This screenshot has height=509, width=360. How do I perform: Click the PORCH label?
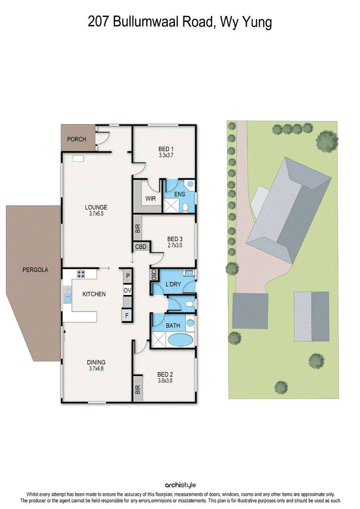(77, 139)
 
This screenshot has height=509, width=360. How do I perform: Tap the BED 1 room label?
(166, 149)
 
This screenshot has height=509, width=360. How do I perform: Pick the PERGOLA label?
(35, 270)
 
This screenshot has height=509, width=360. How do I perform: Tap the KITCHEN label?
(93, 294)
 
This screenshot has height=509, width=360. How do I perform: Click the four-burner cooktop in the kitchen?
(82, 274)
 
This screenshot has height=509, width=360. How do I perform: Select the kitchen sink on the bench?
(67, 295)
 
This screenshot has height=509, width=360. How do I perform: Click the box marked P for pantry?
(127, 276)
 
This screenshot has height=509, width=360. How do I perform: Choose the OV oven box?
(127, 291)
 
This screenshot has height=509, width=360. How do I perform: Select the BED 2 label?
(165, 374)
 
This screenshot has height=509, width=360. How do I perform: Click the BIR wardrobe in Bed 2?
(138, 390)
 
